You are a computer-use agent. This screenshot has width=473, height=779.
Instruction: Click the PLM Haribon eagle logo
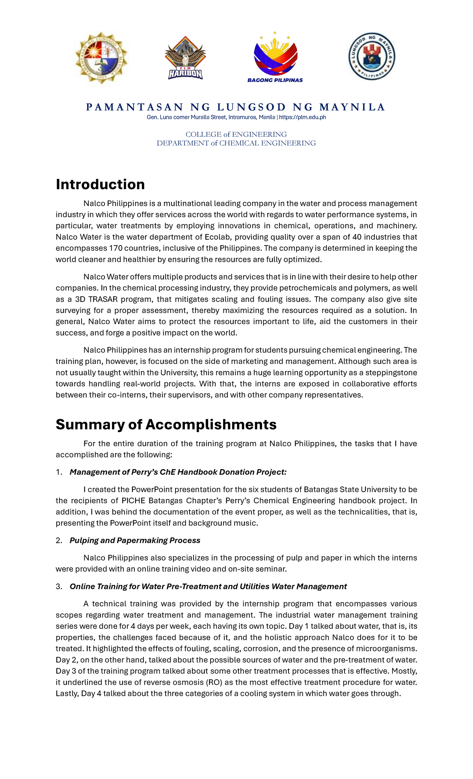[185, 58]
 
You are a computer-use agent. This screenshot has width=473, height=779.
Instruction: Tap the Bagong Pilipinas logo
[275, 58]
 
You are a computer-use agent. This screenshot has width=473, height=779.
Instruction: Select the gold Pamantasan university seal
[101, 58]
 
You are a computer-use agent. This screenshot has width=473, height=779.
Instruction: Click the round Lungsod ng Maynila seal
[371, 56]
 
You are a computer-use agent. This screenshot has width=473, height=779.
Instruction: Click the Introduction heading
[100, 184]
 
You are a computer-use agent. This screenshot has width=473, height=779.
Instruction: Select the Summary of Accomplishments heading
[166, 425]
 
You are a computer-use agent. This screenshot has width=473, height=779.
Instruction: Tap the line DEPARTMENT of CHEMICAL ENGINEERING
[236, 143]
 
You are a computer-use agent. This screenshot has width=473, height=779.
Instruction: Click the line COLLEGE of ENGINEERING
[236, 134]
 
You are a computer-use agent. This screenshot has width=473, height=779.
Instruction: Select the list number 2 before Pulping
[59, 540]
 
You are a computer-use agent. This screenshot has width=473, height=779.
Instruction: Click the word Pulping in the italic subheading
[84, 540]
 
